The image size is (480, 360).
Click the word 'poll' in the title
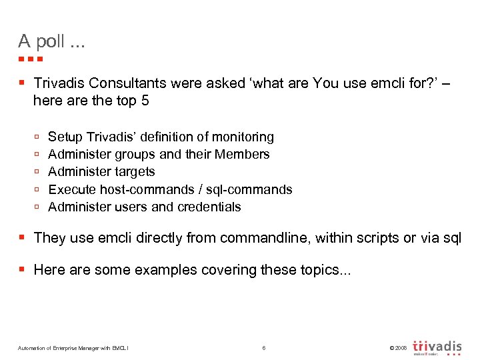(x=50, y=42)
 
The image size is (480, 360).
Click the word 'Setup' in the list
(x=65, y=137)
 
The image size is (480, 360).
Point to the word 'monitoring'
(x=243, y=137)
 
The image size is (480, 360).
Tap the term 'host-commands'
(x=143, y=189)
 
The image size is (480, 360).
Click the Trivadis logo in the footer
(x=437, y=347)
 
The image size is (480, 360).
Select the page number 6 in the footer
(x=264, y=348)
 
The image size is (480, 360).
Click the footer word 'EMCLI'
(x=120, y=348)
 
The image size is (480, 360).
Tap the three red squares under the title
(x=31, y=59)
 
